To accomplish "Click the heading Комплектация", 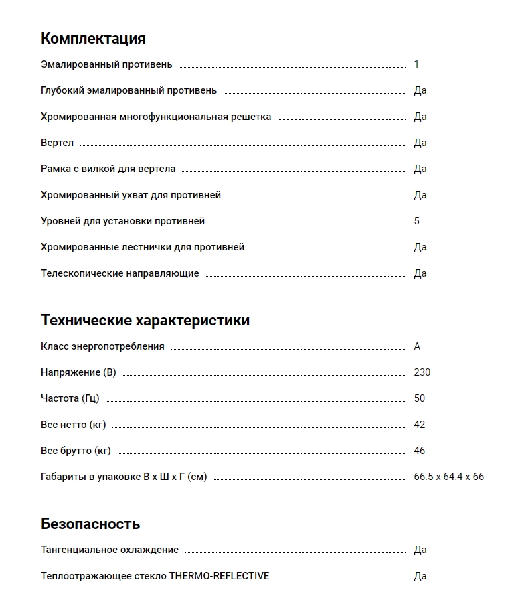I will (93, 38).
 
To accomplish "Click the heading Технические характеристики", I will (145, 320).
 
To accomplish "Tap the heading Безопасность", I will (90, 524).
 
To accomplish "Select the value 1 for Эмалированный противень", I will (416, 64).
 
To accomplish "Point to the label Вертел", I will (57, 143).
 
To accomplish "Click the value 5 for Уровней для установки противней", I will (416, 221).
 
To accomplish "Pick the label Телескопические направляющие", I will (120, 273).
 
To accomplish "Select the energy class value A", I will (417, 346).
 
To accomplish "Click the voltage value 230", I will (422, 372).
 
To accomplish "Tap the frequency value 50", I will (420, 398).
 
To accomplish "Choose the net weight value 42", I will (420, 425).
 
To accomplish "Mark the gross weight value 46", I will (420, 451).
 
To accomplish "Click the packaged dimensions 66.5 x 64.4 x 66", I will (449, 477).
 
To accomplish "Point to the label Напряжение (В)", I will (78, 372).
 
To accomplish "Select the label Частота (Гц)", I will (70, 398).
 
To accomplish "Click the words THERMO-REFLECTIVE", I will (219, 576).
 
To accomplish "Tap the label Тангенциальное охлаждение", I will (110, 550).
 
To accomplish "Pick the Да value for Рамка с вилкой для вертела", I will (420, 169).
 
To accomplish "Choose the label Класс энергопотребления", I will (102, 346).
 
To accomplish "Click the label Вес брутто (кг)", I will (76, 451).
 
